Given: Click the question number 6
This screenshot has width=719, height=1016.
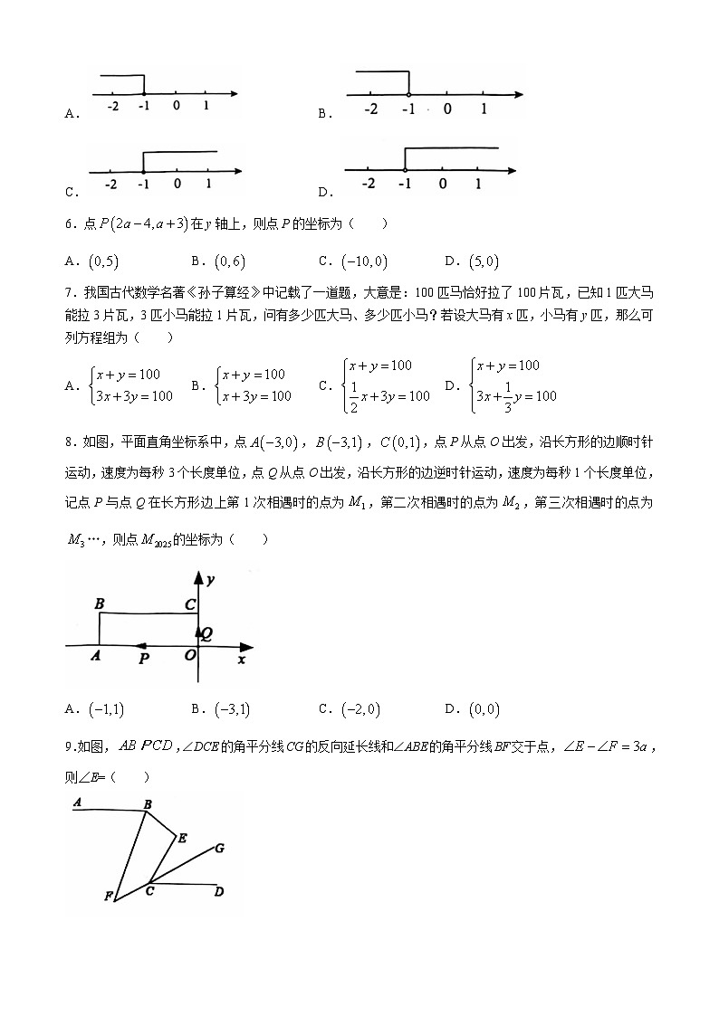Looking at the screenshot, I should pos(69,224).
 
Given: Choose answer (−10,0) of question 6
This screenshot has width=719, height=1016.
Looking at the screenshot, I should pos(364,261).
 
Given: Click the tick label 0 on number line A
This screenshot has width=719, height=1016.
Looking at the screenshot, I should pos(175,106).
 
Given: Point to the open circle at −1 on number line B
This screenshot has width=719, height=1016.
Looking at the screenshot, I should pos(408,94).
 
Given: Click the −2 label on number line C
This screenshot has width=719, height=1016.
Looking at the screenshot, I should pos(110,185).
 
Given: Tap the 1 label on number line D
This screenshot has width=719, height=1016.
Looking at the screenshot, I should pos(478,184).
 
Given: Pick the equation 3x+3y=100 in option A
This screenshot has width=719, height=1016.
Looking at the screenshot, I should pos(133,395).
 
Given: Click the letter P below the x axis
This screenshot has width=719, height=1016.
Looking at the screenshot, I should pos(144,660).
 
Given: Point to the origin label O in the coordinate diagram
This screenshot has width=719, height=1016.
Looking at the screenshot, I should pos(189,655).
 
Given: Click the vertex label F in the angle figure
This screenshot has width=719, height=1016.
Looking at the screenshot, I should pos(108,897).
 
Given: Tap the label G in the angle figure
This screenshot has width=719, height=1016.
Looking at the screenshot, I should pos(220,848).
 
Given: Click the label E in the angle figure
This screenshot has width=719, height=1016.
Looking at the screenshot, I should pos(182,838).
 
